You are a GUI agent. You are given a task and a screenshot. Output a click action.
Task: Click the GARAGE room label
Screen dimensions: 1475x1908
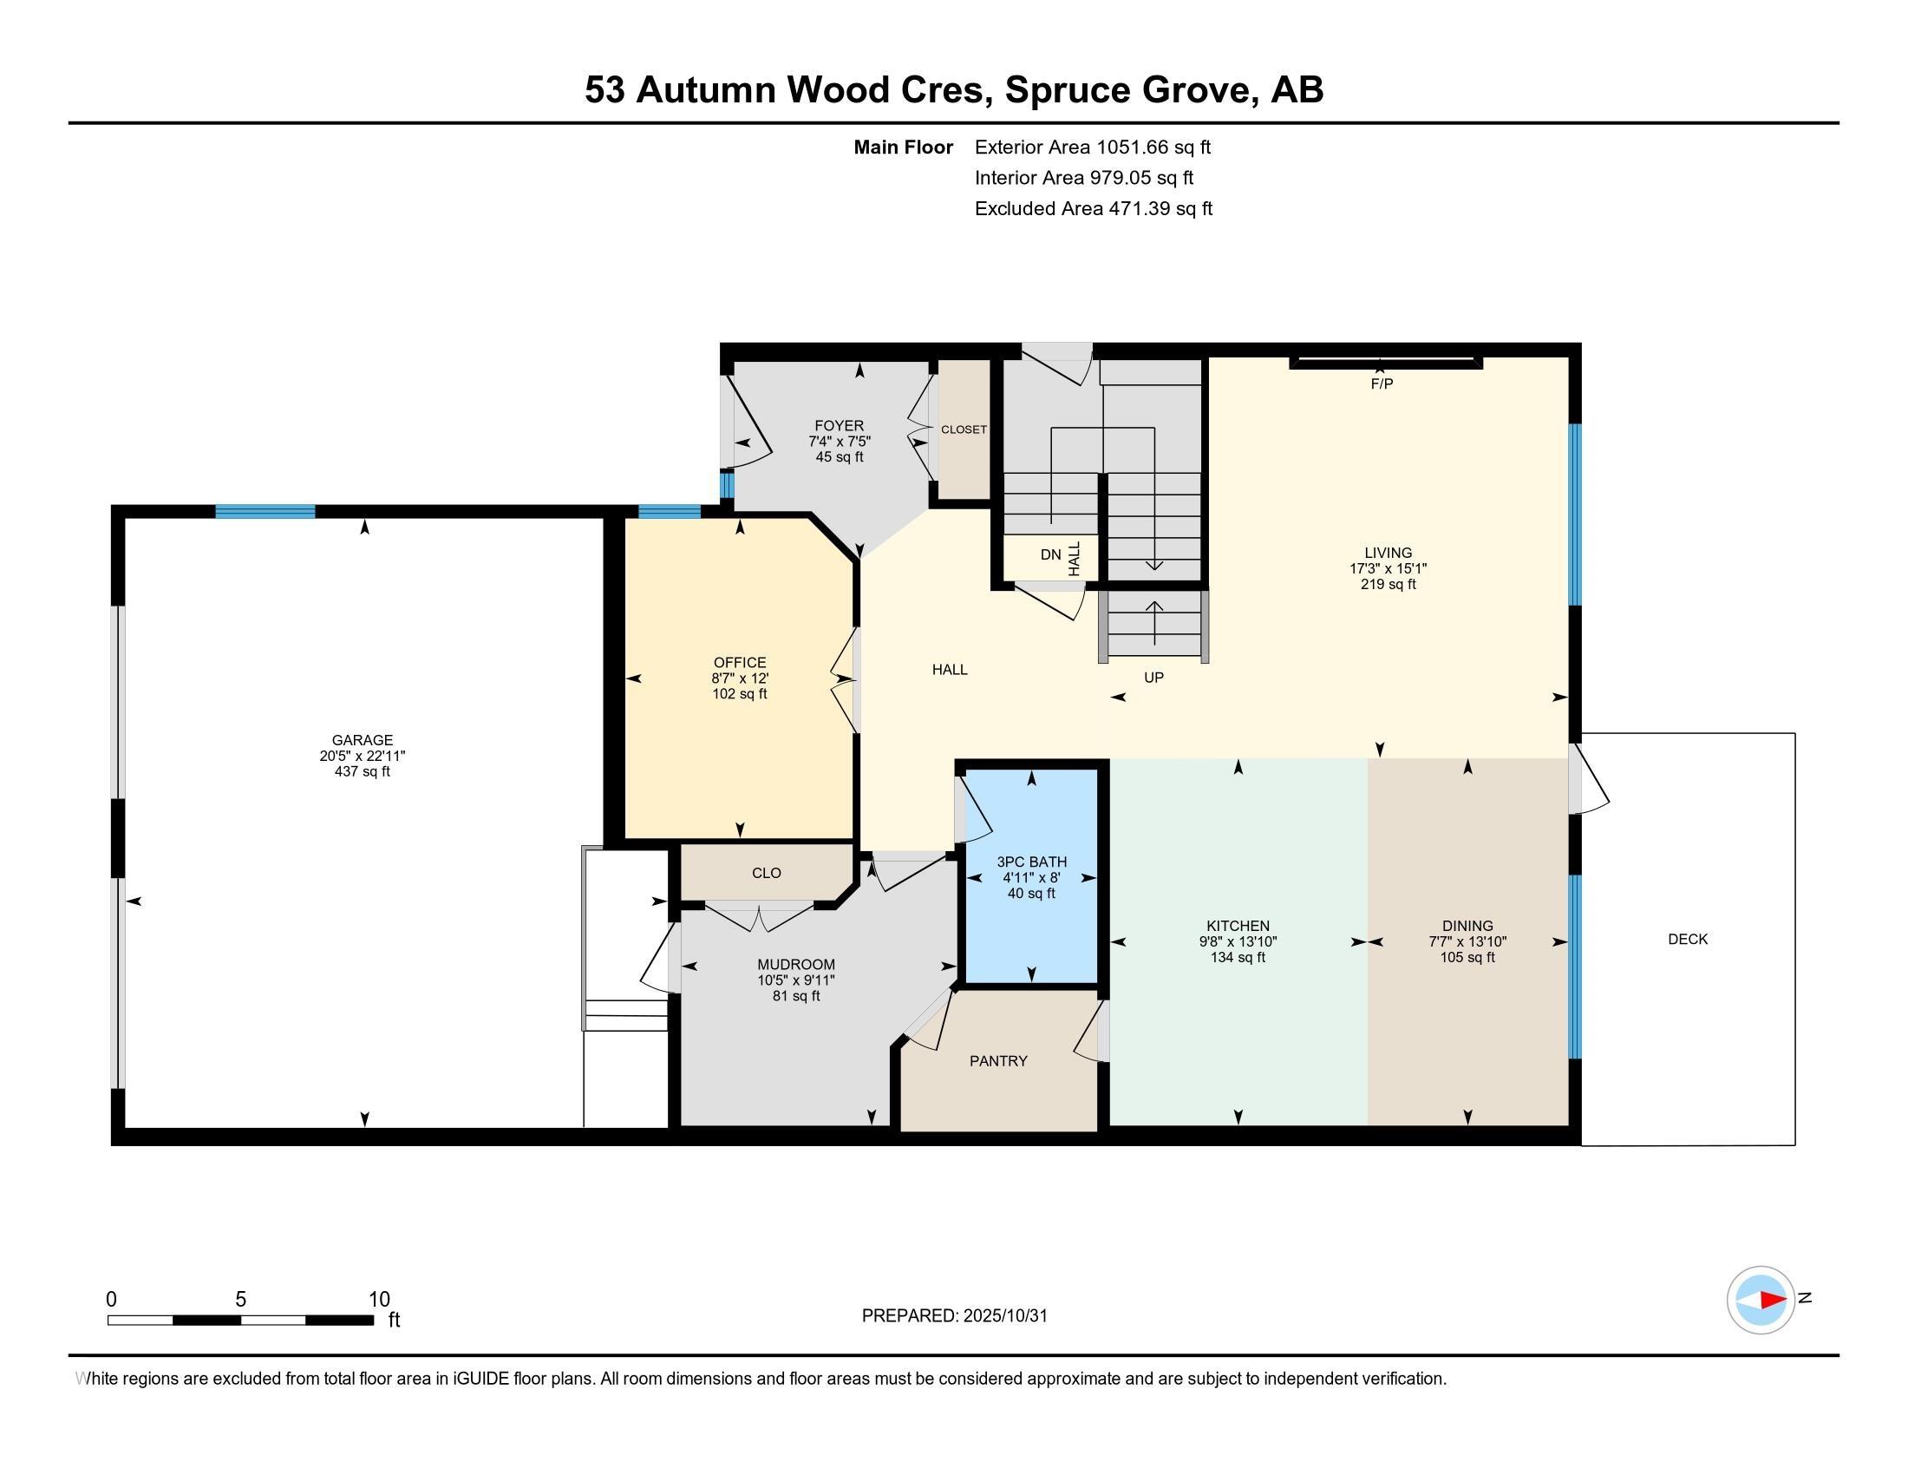362,740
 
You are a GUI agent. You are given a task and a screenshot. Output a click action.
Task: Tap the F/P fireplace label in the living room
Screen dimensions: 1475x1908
1382,383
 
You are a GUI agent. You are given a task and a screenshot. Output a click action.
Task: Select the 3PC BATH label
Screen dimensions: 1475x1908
1031,862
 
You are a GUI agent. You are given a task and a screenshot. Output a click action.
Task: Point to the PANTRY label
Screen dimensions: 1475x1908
997,1061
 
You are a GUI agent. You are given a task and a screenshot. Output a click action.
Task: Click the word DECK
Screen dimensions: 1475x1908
1687,940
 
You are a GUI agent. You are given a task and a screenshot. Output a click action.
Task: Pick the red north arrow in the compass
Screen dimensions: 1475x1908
1773,1301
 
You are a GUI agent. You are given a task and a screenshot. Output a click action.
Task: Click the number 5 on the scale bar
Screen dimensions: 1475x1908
240,1300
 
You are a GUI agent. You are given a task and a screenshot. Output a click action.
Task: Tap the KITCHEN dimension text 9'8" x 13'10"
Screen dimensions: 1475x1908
1237,942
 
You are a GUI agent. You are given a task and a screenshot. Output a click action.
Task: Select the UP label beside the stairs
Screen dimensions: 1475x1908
1153,678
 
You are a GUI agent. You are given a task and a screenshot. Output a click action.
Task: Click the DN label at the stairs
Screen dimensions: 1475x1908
1050,555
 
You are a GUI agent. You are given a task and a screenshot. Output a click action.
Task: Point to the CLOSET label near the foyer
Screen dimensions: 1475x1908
964,429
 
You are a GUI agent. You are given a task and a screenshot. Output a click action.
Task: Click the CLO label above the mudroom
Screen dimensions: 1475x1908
766,873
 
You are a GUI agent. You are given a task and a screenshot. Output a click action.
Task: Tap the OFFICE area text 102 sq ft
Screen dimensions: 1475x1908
739,694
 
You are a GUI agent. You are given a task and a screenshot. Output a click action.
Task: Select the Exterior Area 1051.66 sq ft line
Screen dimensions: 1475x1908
1092,147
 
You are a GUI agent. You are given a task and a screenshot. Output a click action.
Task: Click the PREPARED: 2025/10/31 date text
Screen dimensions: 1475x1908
954,1316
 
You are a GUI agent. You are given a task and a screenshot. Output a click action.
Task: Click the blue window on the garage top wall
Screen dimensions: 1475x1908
265,512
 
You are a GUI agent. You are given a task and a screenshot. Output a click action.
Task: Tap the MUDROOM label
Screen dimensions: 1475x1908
796,965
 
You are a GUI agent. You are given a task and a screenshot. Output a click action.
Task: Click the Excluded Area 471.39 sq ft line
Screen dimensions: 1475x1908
1093,209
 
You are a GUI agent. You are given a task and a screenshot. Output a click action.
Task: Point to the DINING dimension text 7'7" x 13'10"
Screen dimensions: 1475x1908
1467,942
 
